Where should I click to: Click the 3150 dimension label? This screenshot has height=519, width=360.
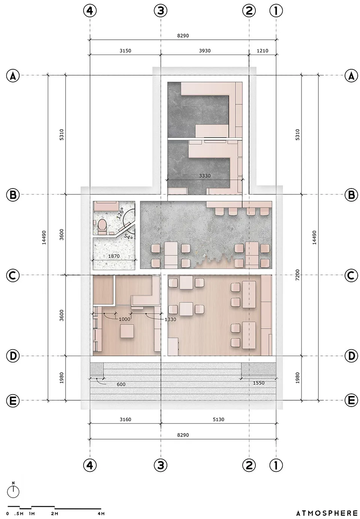point(125,51)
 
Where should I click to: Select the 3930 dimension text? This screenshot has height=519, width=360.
point(205,51)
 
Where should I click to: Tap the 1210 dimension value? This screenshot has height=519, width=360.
point(262,51)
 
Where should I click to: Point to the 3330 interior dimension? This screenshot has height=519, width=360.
point(205,176)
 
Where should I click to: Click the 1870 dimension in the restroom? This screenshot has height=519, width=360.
point(114,256)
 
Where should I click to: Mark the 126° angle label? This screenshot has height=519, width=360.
point(120,214)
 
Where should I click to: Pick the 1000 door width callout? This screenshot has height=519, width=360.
point(124,319)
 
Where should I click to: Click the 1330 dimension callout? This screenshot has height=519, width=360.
point(170,319)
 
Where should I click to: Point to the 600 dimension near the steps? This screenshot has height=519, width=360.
point(121,384)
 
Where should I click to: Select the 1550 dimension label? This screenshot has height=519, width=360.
point(259,383)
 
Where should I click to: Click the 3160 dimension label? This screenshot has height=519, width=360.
point(125,419)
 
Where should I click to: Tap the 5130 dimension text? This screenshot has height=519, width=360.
point(218,419)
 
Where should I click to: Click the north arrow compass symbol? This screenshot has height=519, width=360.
point(13,491)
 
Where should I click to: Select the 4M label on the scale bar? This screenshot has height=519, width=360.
point(101,513)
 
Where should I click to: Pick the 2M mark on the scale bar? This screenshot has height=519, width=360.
point(55,513)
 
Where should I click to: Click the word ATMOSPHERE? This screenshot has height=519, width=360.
point(327,513)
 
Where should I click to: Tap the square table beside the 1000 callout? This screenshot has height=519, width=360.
point(127,332)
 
